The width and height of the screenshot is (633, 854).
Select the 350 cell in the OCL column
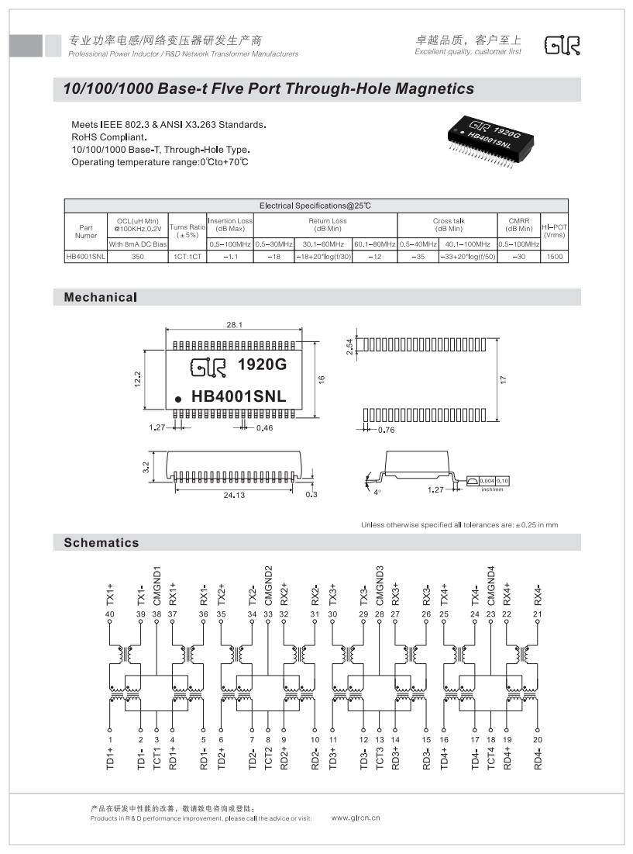[x=138, y=256]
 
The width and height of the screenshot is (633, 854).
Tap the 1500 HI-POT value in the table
[x=554, y=256]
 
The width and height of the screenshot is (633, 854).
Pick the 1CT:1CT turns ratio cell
[x=187, y=256]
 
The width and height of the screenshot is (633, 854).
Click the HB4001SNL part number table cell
[x=85, y=256]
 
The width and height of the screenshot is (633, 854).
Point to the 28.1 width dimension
[x=235, y=325]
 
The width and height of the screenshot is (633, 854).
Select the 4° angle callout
[x=377, y=492]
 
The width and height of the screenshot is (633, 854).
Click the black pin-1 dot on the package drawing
[x=177, y=398]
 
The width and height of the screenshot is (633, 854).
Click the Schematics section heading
[x=101, y=543]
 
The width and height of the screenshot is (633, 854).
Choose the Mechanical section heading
[x=100, y=297]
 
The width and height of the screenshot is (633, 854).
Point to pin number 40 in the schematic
[x=109, y=614]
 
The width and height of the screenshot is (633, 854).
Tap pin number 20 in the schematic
[x=538, y=729]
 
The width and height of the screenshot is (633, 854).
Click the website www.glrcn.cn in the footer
[x=356, y=818]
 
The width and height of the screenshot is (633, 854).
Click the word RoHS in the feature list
[x=84, y=137]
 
